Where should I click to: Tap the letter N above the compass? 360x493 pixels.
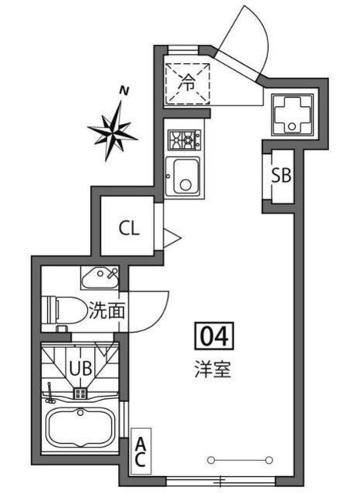pos(123,91)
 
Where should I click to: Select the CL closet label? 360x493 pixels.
pos(129,228)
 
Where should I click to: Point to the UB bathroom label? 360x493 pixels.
pos(82,369)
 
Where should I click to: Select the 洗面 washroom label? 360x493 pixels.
pos(106,312)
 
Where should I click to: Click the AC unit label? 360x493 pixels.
pos(141,453)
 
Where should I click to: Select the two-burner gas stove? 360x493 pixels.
pos(183,140)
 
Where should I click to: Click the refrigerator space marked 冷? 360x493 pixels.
pos(187,79)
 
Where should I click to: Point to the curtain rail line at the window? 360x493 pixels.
pos(240,460)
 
